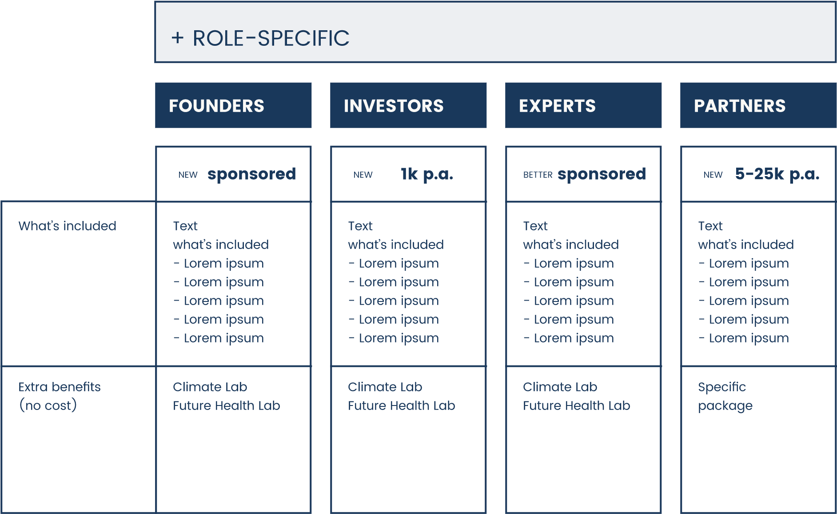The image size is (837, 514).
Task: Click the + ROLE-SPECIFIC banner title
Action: [x=260, y=38]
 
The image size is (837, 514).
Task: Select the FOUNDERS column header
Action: [x=217, y=106]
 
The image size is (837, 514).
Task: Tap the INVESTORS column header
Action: [x=394, y=106]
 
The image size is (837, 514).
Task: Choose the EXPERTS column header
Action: [x=557, y=106]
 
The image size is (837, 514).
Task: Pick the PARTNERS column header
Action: [x=740, y=106]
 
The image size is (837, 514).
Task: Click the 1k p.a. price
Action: [x=427, y=174]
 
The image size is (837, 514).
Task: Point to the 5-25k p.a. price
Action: [x=777, y=174]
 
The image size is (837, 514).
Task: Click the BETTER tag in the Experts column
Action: [x=538, y=175]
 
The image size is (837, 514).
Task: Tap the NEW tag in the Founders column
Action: [x=188, y=175]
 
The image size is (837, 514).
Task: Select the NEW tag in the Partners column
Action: [x=713, y=175]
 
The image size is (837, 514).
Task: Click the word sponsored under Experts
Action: [x=602, y=174]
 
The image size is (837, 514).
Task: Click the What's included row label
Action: [x=68, y=226]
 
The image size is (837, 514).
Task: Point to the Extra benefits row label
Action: [x=60, y=387]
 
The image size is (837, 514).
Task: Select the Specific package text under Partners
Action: [x=725, y=396]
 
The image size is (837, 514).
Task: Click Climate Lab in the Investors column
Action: [x=385, y=387]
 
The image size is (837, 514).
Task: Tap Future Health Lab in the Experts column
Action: [x=576, y=406]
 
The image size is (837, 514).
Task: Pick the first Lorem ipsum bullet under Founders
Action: [x=219, y=264]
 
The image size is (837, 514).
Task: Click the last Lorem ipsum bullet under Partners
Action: [x=744, y=338]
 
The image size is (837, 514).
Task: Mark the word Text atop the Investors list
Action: [x=360, y=226]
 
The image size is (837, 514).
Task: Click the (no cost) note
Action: [x=48, y=406]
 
